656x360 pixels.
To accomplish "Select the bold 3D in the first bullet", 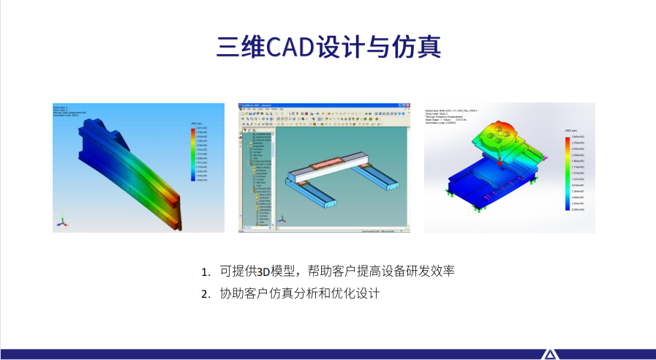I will point(264,271).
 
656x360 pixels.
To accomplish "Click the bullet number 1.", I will point(206,272).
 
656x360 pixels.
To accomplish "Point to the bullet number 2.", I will point(206,295).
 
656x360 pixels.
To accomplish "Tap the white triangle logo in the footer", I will point(549,355).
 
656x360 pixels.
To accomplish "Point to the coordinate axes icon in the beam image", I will point(63,221).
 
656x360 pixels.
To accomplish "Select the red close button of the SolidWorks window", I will point(403,107).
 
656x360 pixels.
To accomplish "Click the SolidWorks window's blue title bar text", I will point(264,107).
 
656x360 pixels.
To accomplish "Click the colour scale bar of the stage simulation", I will point(568,173).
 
